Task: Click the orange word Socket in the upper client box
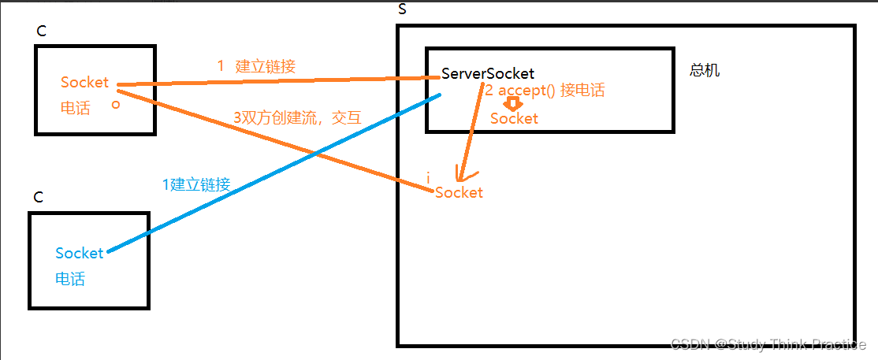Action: (x=84, y=83)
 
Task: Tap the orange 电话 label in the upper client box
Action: (x=75, y=108)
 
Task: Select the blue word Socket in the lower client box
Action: (x=79, y=253)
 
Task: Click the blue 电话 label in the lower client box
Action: (x=70, y=279)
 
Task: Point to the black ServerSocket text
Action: (x=487, y=73)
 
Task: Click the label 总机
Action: (x=704, y=71)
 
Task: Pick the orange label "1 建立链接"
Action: (x=256, y=67)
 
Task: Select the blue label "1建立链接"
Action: (x=196, y=185)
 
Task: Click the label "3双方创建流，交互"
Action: (x=297, y=118)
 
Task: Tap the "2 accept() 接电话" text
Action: (x=545, y=91)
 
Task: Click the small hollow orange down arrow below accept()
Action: (x=513, y=104)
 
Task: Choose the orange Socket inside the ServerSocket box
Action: (x=514, y=119)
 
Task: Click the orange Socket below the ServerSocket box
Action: (x=459, y=192)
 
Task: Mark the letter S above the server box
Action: (x=404, y=9)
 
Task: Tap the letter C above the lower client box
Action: (x=38, y=197)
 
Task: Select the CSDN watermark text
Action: (x=768, y=344)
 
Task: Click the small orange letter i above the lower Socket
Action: (x=428, y=179)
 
